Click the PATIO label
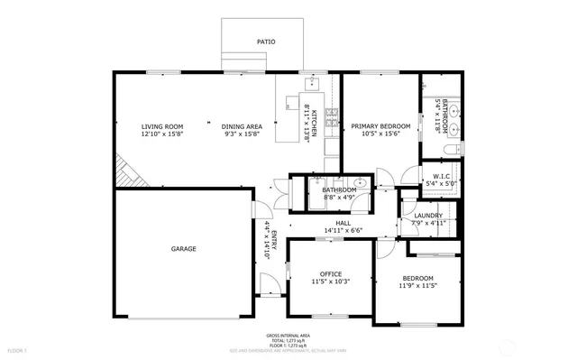[x=266, y=42]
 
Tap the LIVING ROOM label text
[x=162, y=126]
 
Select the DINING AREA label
[x=242, y=126]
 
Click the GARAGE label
[x=184, y=248]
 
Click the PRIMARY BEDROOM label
[x=380, y=126]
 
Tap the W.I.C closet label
[x=441, y=176]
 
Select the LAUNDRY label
[x=428, y=216]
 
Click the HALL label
[x=343, y=223]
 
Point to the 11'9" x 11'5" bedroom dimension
[x=417, y=286]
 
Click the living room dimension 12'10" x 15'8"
[x=162, y=134]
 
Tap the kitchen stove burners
[x=331, y=115]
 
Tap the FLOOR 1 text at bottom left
[x=18, y=349]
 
